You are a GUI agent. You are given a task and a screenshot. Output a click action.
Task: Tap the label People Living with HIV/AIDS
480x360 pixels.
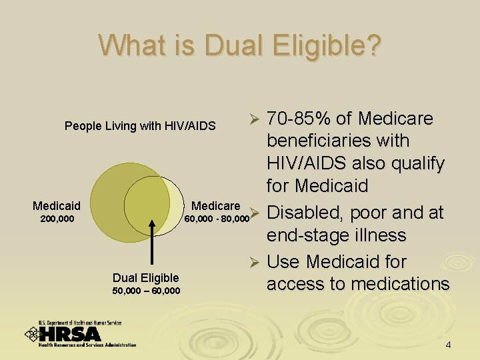click(x=140, y=125)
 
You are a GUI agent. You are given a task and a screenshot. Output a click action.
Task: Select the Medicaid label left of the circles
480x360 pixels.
click(x=57, y=206)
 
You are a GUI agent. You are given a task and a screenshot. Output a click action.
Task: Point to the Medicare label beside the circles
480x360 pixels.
click(x=215, y=205)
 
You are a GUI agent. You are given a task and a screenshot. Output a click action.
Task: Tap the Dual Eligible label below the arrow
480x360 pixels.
click(x=145, y=277)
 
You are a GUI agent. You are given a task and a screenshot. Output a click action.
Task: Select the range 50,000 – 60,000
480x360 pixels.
click(x=145, y=290)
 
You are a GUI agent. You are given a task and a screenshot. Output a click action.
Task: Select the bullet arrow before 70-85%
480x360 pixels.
click(x=253, y=119)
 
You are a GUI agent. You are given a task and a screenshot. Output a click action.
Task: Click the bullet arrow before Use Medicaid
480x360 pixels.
click(x=253, y=262)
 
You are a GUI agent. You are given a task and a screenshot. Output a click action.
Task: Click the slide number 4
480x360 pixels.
click(x=448, y=345)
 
